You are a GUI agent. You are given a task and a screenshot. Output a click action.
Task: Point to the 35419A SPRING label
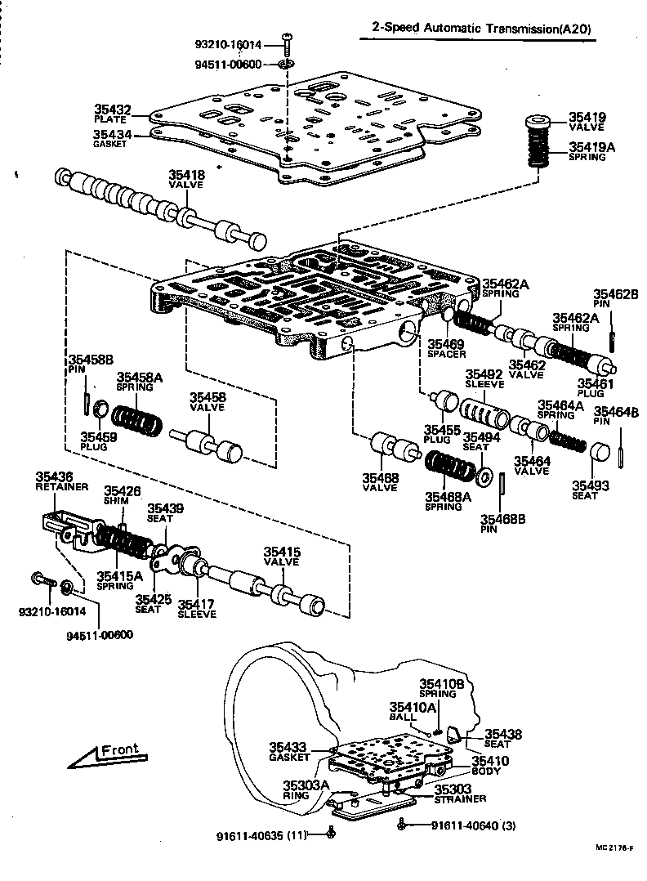point(587,152)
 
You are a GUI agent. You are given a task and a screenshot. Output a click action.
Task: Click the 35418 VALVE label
point(187,179)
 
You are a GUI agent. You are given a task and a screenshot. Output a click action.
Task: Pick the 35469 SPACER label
point(446,349)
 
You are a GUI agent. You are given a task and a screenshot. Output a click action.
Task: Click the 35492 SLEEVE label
point(484,378)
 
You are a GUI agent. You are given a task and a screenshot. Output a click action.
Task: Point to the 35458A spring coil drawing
point(137,421)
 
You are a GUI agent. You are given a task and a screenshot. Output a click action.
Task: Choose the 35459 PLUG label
point(99,440)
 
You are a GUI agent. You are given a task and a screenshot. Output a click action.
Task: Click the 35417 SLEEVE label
point(197,610)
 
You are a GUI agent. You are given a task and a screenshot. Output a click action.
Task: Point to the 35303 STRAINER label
point(460,794)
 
